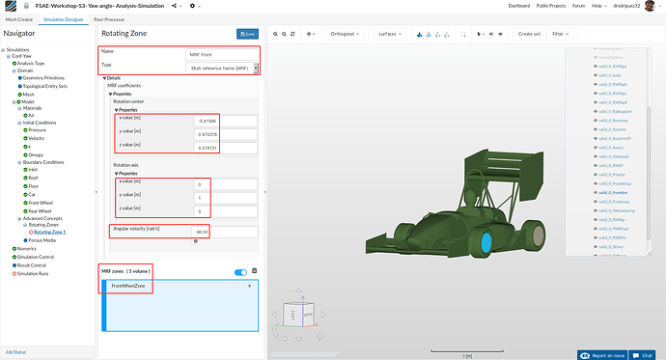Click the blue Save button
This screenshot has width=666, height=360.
(x=246, y=34)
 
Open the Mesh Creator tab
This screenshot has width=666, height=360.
(x=19, y=18)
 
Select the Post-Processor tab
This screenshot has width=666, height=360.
(x=108, y=18)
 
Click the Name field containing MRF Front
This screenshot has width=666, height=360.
(x=222, y=54)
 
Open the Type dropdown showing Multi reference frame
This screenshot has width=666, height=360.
(x=222, y=69)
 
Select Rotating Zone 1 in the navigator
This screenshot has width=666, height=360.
(x=49, y=232)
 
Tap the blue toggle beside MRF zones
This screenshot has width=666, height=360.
(x=241, y=272)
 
